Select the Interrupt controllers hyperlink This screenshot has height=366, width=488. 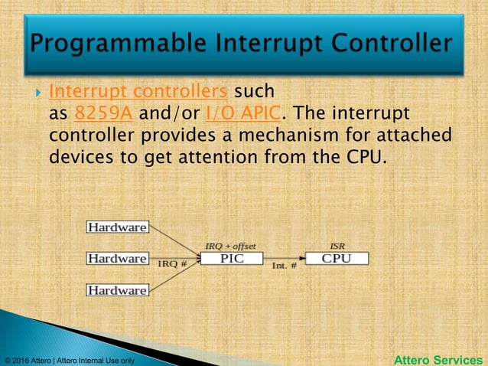(x=138, y=92)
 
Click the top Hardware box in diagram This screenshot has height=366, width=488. (x=117, y=227)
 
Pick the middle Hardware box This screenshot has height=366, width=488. (x=117, y=259)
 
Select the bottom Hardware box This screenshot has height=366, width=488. (x=117, y=290)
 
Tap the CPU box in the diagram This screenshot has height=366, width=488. (x=337, y=259)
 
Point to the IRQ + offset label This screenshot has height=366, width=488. (x=230, y=246)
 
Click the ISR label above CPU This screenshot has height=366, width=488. (x=337, y=246)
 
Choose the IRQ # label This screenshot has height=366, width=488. (x=172, y=264)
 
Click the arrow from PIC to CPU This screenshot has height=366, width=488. (x=284, y=259)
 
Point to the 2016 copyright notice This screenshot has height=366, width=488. (x=69, y=360)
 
